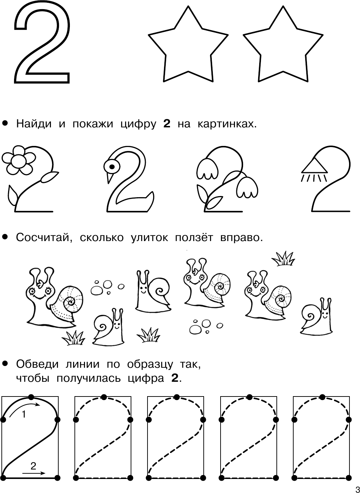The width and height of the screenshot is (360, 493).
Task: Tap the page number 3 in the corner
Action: [x=357, y=489]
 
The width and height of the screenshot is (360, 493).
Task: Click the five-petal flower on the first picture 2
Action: [x=19, y=160]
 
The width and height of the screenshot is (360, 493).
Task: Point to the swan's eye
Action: [x=112, y=167]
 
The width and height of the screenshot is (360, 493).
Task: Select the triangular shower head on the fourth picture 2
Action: [x=314, y=166]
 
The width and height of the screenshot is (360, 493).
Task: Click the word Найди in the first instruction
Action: [x=34, y=124]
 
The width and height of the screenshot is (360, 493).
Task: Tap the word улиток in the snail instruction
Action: [x=149, y=238]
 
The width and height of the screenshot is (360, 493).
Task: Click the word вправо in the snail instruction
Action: [x=242, y=238]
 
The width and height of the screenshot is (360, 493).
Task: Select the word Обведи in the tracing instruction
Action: [x=37, y=365]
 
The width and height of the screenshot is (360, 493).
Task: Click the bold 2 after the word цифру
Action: [x=167, y=124]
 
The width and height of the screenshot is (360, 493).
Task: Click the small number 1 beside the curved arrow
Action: [x=24, y=415]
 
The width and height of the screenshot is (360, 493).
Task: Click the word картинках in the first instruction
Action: [x=227, y=124]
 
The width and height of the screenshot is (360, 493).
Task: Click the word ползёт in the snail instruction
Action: [x=194, y=238]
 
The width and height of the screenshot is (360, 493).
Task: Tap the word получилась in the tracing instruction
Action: [x=89, y=379]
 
